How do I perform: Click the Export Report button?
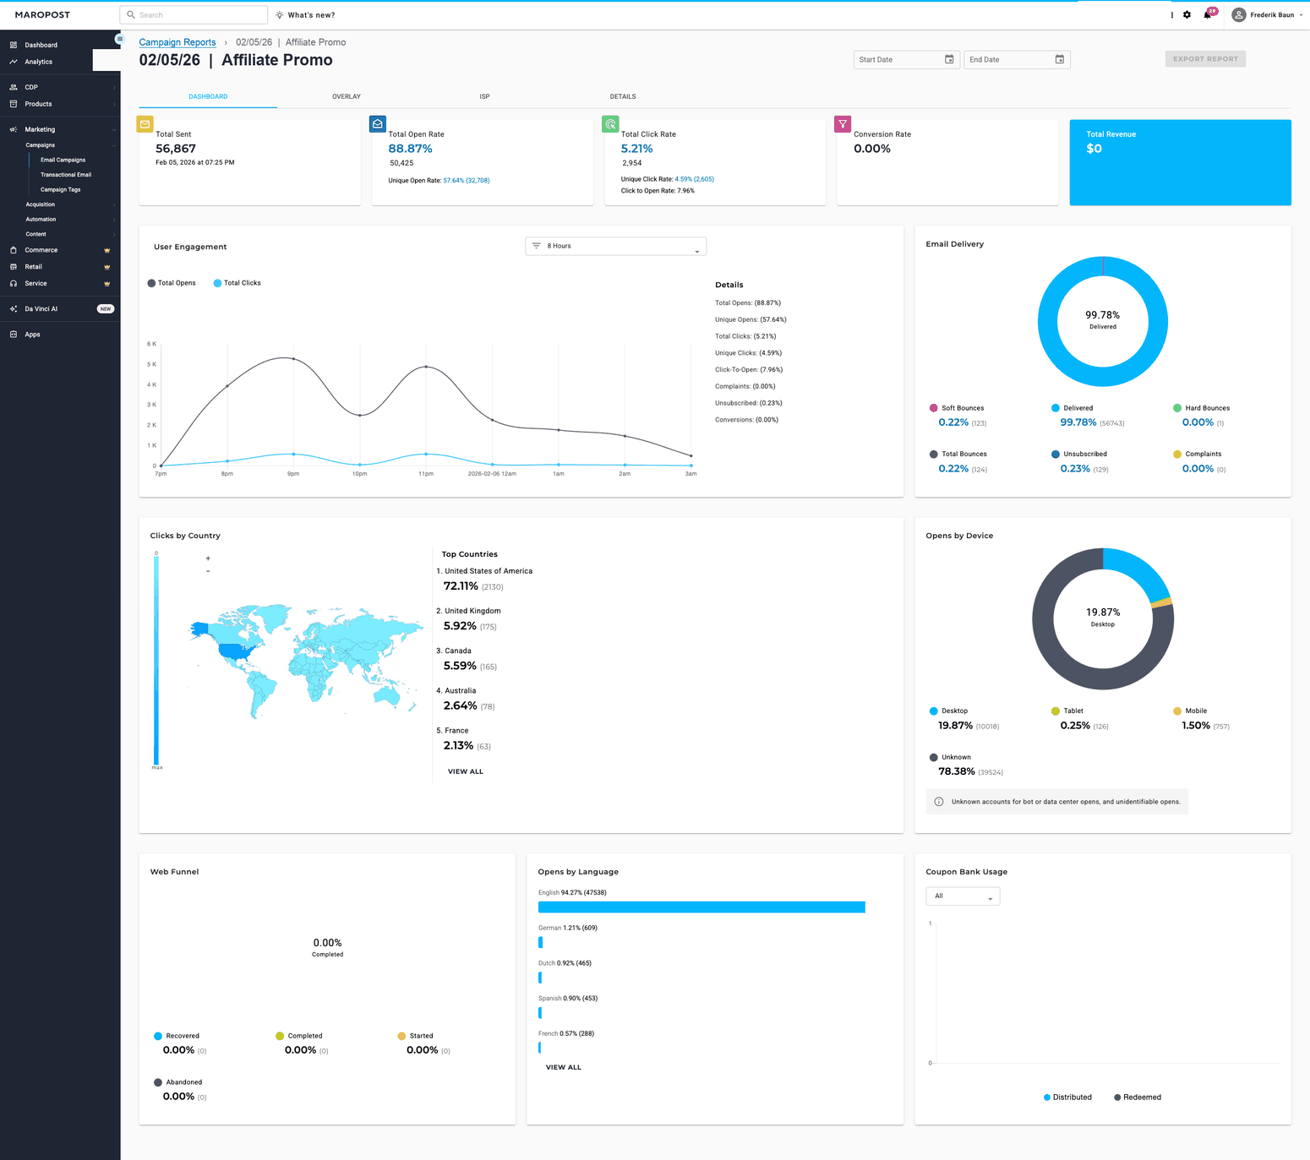[1205, 59]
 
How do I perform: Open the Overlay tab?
[346, 96]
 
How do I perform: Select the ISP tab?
[484, 96]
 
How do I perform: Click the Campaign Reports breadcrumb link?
[177, 42]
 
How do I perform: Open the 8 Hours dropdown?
[615, 246]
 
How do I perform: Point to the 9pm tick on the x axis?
[293, 474]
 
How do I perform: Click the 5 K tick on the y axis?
[151, 364]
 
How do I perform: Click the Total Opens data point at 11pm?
[425, 367]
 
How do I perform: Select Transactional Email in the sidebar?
[65, 175]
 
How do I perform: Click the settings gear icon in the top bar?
[1187, 15]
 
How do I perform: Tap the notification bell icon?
[1207, 15]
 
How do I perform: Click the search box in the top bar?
[194, 15]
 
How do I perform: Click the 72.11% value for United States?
[461, 586]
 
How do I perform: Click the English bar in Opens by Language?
[701, 907]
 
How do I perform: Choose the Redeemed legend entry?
[1138, 1097]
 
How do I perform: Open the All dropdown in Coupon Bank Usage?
[963, 896]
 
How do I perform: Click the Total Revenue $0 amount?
[1094, 149]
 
